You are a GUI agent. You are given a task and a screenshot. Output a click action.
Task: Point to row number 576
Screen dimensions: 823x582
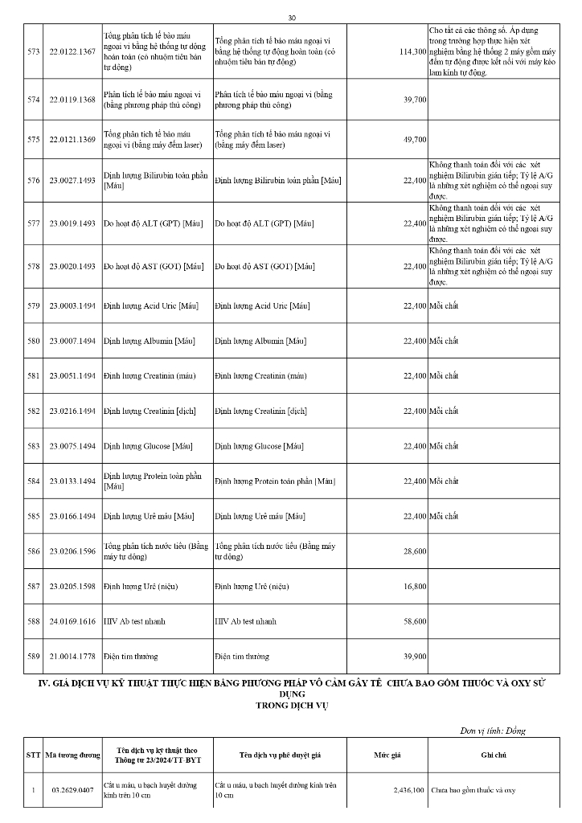33,180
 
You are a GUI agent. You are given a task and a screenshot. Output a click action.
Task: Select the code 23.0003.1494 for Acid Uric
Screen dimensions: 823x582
72,305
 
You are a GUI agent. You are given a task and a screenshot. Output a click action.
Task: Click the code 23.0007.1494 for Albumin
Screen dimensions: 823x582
72,342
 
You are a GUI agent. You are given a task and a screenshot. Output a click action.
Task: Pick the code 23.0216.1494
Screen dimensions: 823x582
72,411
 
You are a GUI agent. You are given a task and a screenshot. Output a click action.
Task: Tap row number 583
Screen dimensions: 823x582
33,446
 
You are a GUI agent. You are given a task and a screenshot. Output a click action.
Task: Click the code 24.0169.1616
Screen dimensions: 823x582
72,621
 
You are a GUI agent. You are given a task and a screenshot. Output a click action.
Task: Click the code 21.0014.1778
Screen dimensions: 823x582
72,657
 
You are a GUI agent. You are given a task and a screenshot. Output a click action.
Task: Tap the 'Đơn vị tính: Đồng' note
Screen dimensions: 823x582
493,731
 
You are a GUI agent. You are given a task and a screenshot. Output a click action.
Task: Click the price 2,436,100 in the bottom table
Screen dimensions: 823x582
409,790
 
